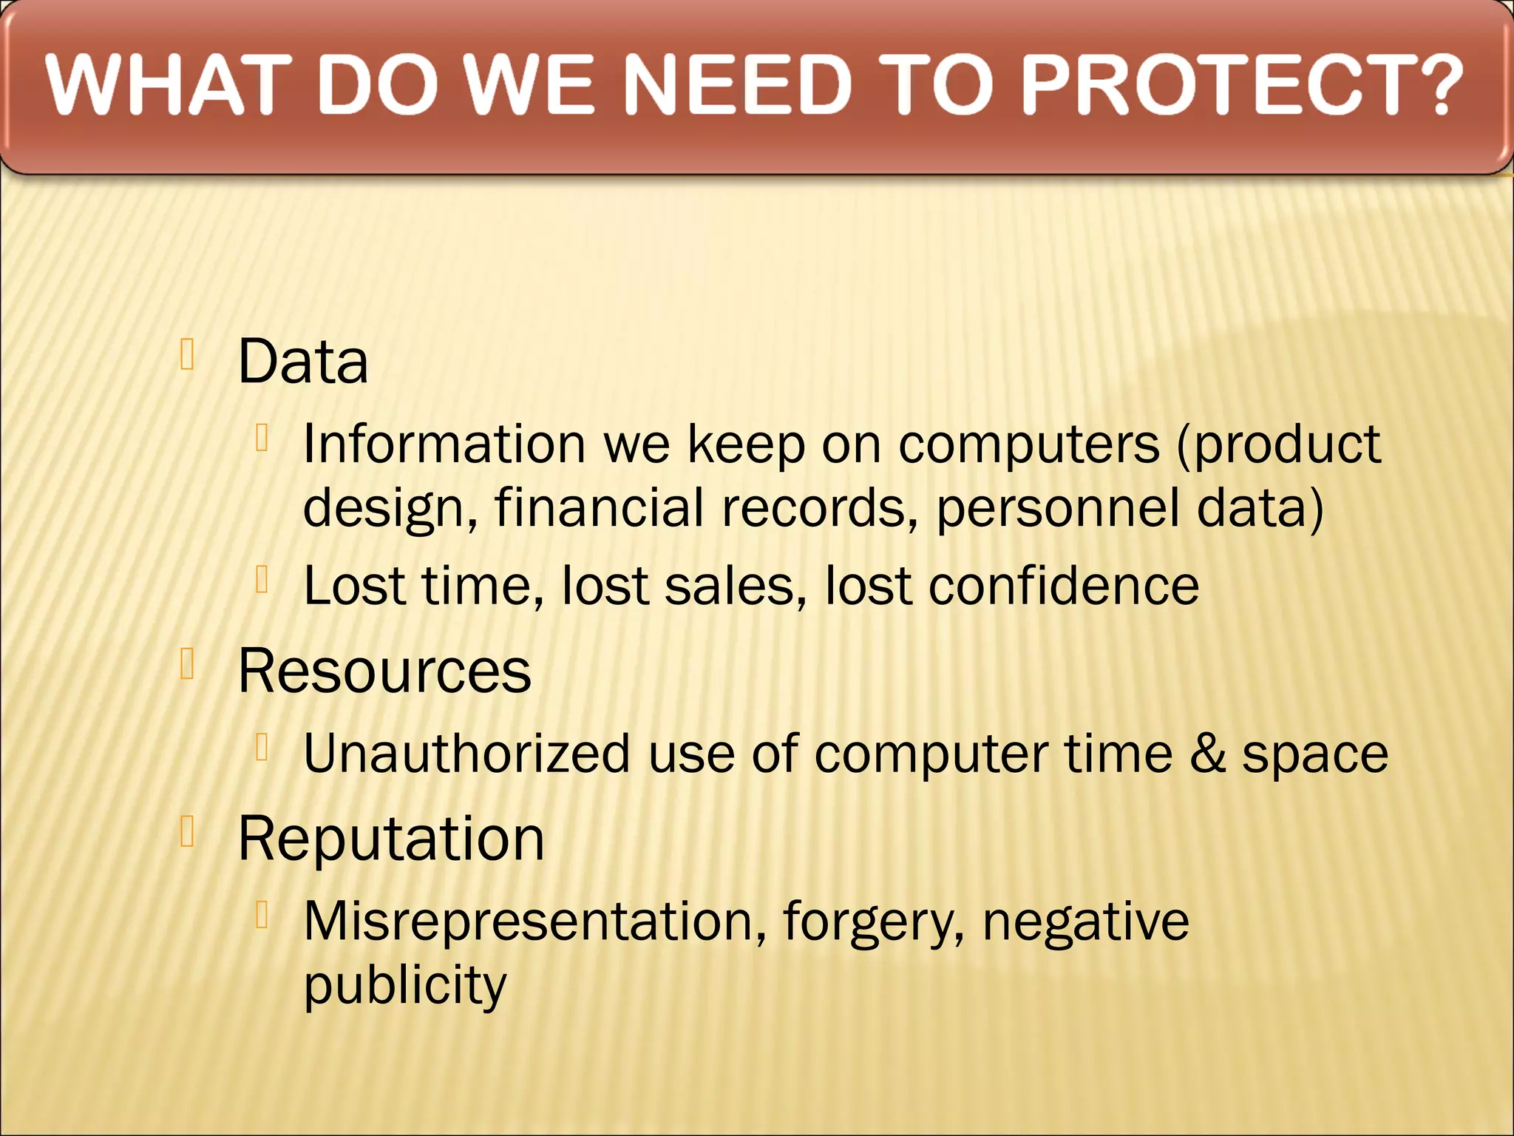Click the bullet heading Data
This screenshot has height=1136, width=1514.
(x=302, y=362)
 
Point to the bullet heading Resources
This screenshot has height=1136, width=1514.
(x=384, y=671)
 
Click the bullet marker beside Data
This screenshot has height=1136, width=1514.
(x=187, y=354)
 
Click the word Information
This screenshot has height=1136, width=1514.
(x=444, y=444)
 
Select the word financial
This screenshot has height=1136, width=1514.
(x=599, y=509)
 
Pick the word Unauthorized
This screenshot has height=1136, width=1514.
(x=466, y=754)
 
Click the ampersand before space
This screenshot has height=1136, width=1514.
(x=1207, y=754)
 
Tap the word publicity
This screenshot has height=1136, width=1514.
(x=405, y=986)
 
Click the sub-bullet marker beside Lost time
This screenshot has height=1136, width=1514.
(x=261, y=579)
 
